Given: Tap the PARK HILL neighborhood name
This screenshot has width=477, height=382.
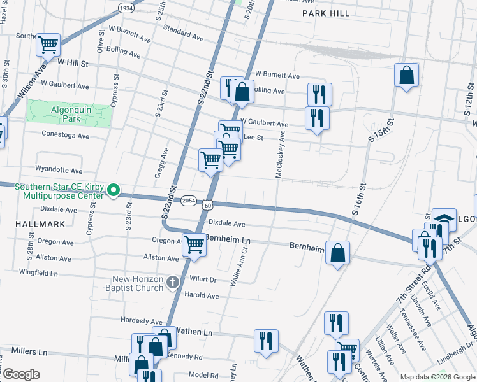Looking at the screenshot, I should click(326, 13).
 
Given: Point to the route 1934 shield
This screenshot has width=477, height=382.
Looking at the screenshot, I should click(126, 8).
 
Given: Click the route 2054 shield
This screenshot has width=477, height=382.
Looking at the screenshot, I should click(188, 200).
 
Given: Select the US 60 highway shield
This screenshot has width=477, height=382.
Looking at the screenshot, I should click(208, 205).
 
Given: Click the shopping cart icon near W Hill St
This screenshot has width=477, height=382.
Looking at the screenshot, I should click(48, 45).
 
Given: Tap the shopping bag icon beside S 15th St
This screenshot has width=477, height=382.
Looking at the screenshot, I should click(406, 76).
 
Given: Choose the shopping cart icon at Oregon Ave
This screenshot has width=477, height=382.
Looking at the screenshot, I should click(194, 244).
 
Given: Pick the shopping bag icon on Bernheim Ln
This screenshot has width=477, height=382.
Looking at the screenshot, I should click(337, 253).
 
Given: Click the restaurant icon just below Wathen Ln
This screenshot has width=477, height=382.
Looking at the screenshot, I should click(266, 341).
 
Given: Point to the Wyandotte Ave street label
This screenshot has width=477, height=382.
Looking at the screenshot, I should click(59, 171).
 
